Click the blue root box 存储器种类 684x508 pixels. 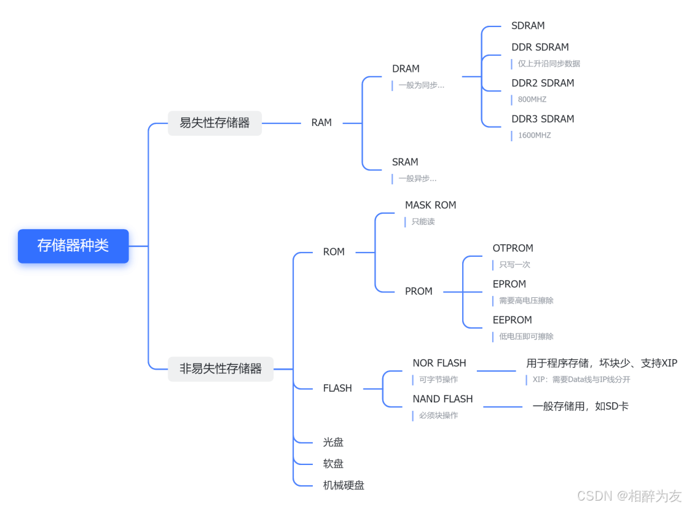click(x=73, y=246)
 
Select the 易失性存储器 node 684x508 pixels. click(x=214, y=123)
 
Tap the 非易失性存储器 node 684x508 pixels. click(x=221, y=369)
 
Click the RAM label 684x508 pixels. click(x=321, y=123)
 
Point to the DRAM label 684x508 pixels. click(x=406, y=69)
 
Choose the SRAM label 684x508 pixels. click(x=405, y=162)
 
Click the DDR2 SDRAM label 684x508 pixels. click(x=543, y=83)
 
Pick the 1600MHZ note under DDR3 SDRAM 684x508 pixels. click(x=534, y=135)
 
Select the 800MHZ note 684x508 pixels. click(x=532, y=100)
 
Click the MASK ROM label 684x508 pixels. click(x=430, y=205)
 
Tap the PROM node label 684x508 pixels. click(x=419, y=291)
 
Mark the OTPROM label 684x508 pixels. click(x=513, y=248)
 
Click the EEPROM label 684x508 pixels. click(x=512, y=320)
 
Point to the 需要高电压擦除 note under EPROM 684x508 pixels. click(x=526, y=300)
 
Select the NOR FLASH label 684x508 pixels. click(x=439, y=363)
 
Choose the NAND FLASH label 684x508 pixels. click(x=442, y=399)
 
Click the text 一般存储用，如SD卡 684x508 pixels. click(x=580, y=406)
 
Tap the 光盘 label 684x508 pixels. click(x=333, y=442)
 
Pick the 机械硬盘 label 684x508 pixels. click(x=344, y=485)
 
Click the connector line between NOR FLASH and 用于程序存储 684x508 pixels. click(x=497, y=371)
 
